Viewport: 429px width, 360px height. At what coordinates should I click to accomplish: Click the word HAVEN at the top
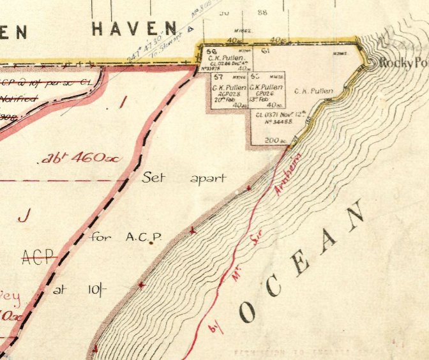coord(134,28)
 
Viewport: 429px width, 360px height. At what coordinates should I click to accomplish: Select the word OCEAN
coord(305,262)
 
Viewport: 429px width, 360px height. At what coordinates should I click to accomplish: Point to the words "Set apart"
coord(184,178)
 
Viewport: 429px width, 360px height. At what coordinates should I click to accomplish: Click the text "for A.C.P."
coord(126,237)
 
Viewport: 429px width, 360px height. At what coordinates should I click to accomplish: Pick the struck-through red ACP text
coord(37,257)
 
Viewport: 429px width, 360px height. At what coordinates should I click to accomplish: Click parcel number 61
coord(264,50)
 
